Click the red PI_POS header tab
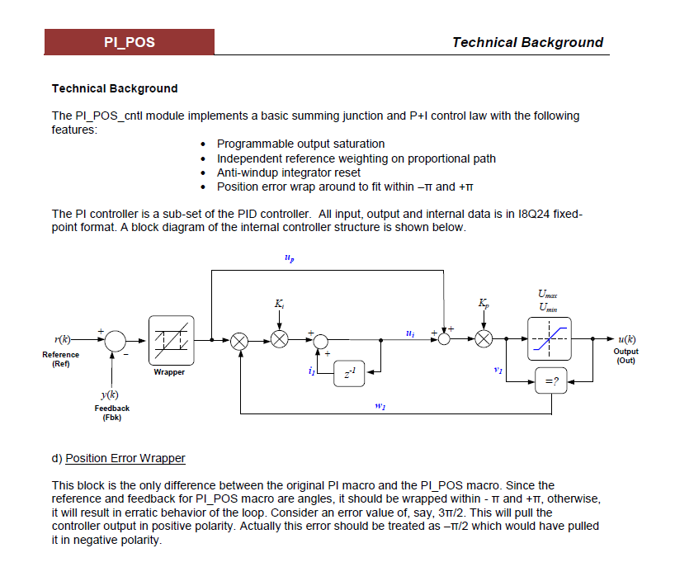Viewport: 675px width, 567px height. tap(130, 42)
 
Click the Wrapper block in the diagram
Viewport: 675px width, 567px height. tap(171, 339)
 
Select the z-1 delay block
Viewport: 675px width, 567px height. tap(350, 374)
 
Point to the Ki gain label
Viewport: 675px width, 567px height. tap(280, 305)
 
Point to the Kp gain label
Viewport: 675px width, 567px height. tap(483, 305)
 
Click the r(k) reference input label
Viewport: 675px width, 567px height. tap(63, 339)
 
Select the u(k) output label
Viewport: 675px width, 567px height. tap(626, 339)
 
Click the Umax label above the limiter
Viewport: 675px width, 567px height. tap(546, 293)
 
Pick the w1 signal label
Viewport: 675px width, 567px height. tap(381, 405)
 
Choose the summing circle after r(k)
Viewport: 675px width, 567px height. tap(115, 339)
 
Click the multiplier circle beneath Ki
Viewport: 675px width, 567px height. tap(280, 339)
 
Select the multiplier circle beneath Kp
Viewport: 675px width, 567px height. tap(483, 339)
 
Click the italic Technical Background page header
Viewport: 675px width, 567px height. tap(527, 42)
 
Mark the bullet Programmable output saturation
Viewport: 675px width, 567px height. tap(300, 144)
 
